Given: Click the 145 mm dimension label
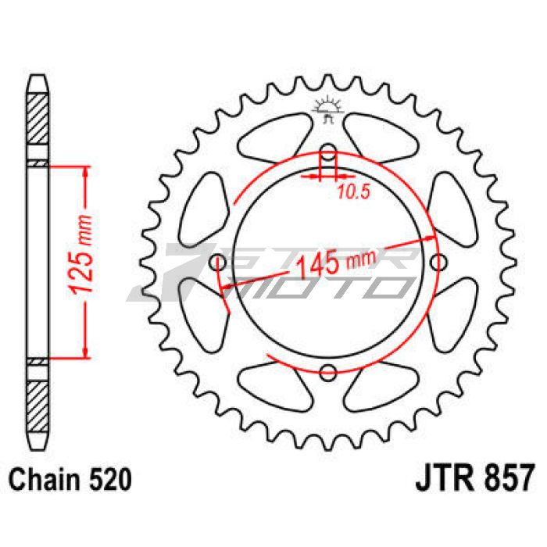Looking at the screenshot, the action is point(337,264).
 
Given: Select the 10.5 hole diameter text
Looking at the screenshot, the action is point(353,191).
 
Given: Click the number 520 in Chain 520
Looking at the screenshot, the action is point(111,480).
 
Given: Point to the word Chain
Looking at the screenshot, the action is point(45,480).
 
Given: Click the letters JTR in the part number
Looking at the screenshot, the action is point(439,478).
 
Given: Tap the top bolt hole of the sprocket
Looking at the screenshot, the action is point(327,152).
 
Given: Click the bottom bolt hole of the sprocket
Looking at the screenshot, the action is point(328,373).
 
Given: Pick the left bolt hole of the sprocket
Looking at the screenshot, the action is point(220,263).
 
